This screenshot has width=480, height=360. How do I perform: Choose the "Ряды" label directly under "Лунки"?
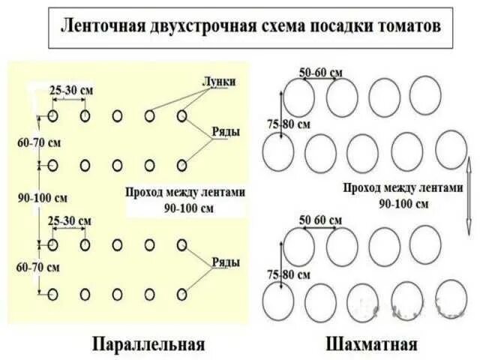point(225,132)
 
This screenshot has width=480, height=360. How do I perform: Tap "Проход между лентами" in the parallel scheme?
point(185,192)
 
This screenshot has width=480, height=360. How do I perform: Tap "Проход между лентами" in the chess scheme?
point(403,188)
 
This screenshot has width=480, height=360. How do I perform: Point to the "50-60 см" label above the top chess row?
point(320,72)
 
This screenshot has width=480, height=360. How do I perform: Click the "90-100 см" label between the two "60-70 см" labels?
point(43,199)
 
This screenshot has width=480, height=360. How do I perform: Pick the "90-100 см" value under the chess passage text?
point(403,203)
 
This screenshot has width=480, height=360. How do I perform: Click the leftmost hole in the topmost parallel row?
point(52,116)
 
